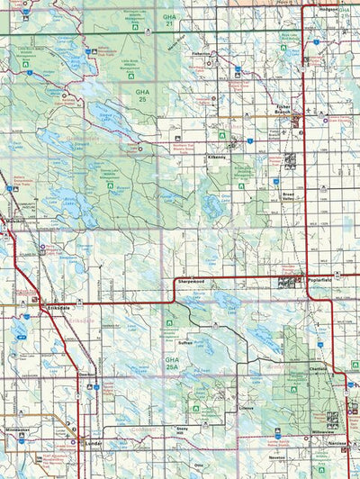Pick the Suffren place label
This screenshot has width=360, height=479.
pyautogui.click(x=184, y=343)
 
